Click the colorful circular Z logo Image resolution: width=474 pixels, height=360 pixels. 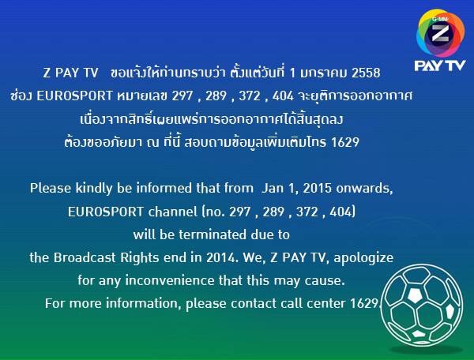pyautogui.click(x=441, y=33)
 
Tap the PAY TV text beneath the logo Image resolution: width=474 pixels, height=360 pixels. pyautogui.click(x=440, y=66)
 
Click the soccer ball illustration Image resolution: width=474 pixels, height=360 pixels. pyautogui.click(x=421, y=305)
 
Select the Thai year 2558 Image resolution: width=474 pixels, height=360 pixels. pyautogui.click(x=366, y=73)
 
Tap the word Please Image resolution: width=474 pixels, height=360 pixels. pyautogui.click(x=51, y=188)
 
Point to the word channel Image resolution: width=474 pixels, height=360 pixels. pyautogui.click(x=172, y=212)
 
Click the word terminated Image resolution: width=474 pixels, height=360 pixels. pyautogui.click(x=213, y=234)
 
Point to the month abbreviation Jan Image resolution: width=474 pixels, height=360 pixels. pyautogui.click(x=272, y=188)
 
